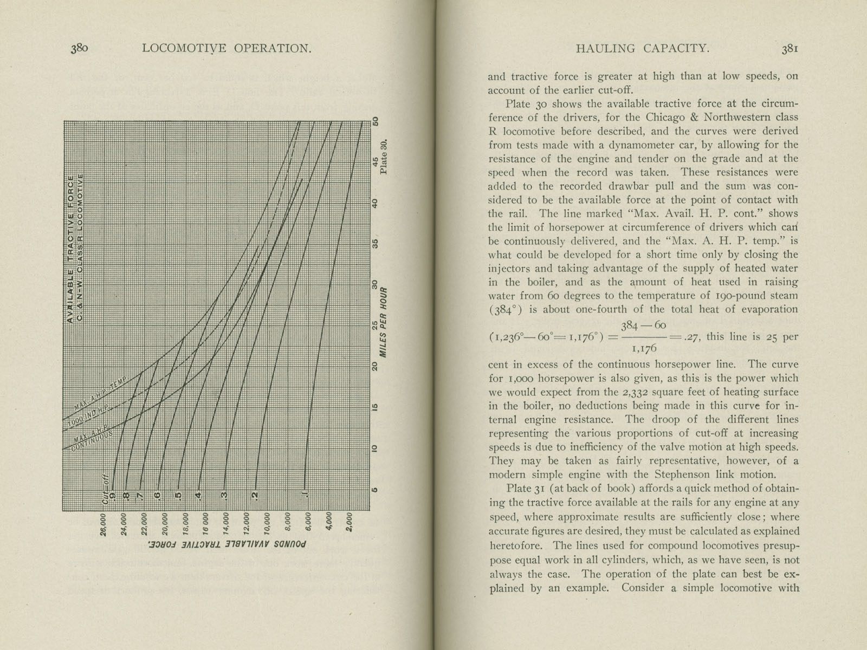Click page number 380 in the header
[x=79, y=48]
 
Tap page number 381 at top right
[x=789, y=48]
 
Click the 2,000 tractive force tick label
[x=350, y=523]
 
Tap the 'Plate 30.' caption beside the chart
[x=384, y=157]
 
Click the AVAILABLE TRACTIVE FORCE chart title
[x=70, y=249]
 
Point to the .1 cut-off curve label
[x=305, y=496]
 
